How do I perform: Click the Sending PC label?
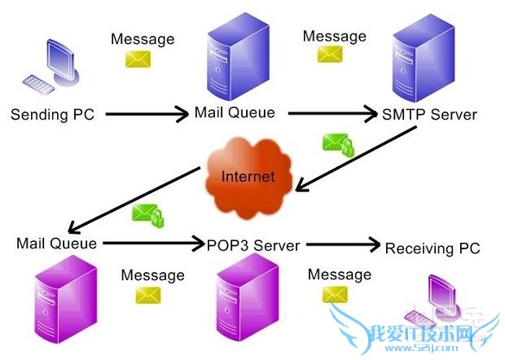point(52,114)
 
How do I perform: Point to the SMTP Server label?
point(429,115)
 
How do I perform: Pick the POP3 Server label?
point(253,245)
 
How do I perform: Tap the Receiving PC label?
point(433,248)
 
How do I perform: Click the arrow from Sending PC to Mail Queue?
point(147,115)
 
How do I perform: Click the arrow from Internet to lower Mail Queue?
point(134,199)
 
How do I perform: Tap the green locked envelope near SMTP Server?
point(338,145)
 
